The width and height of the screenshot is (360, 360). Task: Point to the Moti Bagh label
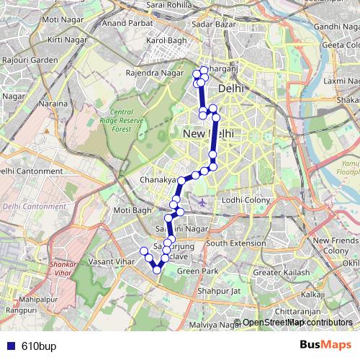pos(132,210)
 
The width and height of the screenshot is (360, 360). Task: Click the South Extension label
pos(235,243)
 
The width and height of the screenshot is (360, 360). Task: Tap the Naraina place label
pos(53,104)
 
